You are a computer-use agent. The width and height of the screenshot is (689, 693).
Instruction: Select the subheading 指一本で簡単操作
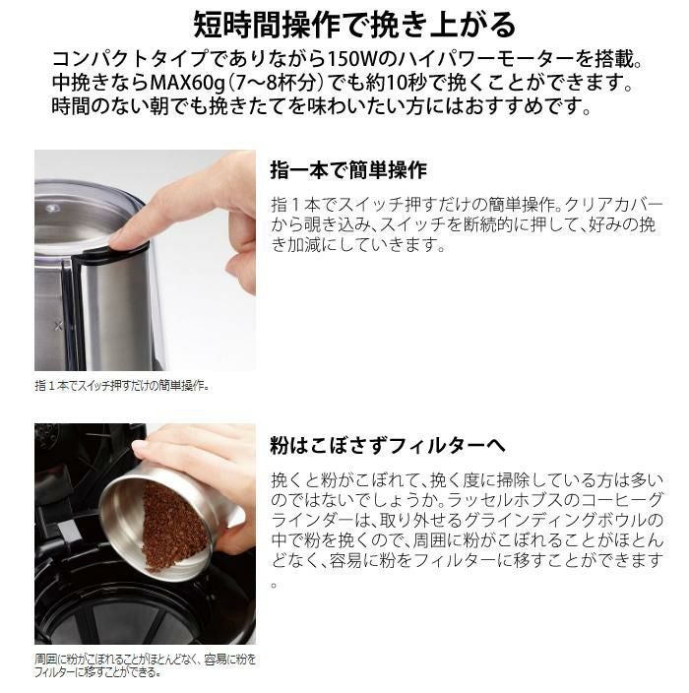coord(347,170)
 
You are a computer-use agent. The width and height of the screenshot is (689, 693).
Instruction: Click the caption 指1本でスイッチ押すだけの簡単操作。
coord(122,386)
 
